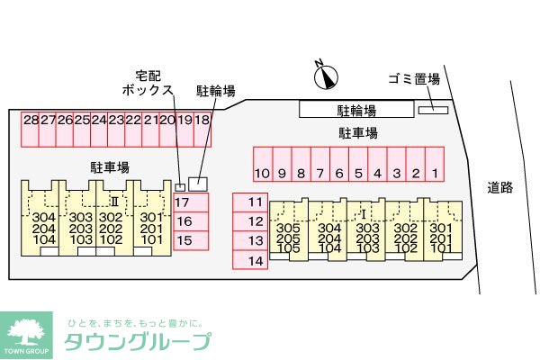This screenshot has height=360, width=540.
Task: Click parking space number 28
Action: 30,130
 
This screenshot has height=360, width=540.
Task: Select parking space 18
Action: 202,130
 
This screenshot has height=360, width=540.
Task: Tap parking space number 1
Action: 435,164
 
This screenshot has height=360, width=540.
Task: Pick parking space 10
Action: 263,164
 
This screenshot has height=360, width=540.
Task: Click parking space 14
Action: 250,260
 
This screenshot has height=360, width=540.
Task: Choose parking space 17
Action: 191,202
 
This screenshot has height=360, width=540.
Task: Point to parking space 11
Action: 250,202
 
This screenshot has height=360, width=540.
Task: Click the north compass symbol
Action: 326,76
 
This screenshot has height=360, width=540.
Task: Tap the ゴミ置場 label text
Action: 414,79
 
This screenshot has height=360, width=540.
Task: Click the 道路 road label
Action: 500,187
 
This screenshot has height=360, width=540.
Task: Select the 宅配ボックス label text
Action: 148,83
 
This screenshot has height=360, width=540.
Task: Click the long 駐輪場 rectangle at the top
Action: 356,109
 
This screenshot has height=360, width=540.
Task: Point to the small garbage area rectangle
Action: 433,110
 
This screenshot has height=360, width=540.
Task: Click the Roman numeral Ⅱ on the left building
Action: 114,202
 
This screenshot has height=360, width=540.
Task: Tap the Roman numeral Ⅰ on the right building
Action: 364,214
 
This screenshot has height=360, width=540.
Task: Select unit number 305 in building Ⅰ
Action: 288,228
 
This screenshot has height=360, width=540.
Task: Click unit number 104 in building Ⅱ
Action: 44,239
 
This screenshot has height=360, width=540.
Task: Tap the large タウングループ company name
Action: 138,342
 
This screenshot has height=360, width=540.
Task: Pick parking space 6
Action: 339,164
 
